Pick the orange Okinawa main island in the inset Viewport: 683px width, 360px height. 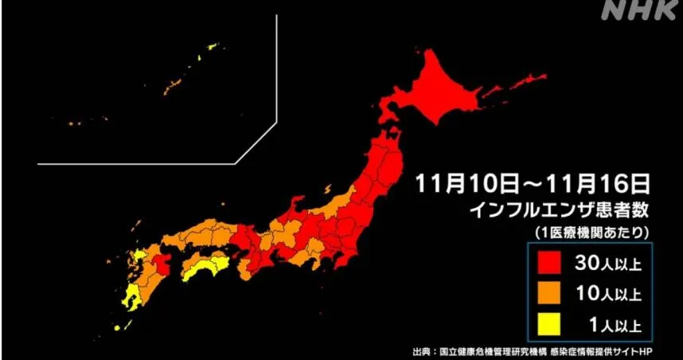click(x=170, y=83)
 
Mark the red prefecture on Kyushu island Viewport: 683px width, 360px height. click(x=164, y=264)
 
